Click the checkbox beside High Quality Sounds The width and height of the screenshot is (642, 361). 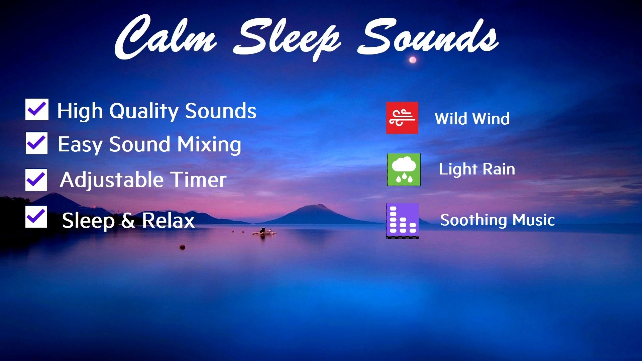[37, 109]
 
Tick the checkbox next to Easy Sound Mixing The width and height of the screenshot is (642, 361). [36, 143]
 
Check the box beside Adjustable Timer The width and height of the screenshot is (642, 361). [36, 179]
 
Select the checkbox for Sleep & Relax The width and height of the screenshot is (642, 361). [36, 217]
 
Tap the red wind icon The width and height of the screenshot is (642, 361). [402, 118]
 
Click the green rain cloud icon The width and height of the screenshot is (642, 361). [404, 169]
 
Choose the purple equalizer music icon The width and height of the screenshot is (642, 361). [402, 221]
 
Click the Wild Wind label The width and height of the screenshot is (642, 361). [472, 119]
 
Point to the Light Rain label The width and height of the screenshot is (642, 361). [477, 169]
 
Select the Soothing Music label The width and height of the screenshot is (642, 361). [498, 220]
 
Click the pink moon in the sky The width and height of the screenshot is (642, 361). [413, 60]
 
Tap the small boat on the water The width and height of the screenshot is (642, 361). [264, 231]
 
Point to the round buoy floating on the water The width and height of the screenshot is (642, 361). [182, 247]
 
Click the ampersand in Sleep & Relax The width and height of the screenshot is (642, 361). [128, 221]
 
